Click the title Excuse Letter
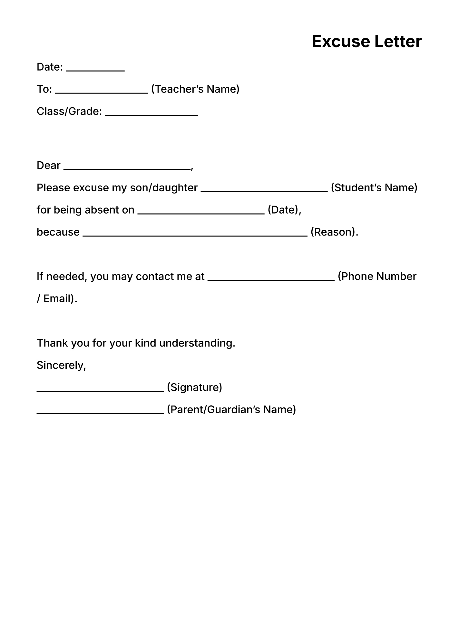[x=366, y=42]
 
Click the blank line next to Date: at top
[x=95, y=70]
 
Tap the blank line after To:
[x=102, y=92]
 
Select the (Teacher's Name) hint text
[x=195, y=89]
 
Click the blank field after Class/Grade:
[x=151, y=115]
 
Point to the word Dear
[x=49, y=166]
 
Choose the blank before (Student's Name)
[x=264, y=191]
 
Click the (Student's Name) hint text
[x=374, y=188]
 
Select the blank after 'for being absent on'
[x=201, y=213]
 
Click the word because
[x=58, y=232]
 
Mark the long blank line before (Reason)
[x=195, y=235]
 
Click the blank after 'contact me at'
[x=271, y=280]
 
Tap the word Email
[x=57, y=299]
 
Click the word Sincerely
[x=61, y=365]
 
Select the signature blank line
[x=100, y=391]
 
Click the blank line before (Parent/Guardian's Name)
[x=100, y=413]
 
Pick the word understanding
[x=197, y=343]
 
